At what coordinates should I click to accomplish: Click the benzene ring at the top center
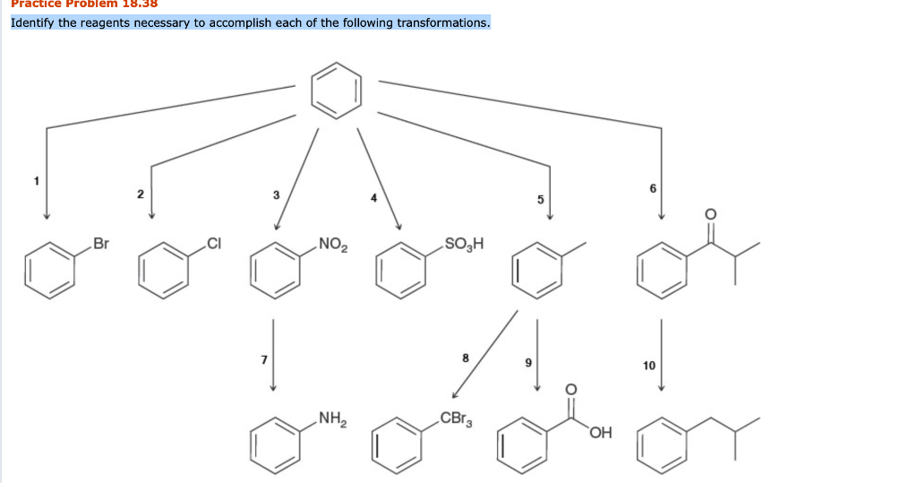337,90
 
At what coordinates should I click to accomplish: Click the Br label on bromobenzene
101,243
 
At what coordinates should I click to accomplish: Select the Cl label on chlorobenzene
213,243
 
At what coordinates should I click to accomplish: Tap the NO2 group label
332,243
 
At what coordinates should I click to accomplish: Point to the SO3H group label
463,243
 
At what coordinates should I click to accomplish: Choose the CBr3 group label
456,418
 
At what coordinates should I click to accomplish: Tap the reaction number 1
37,180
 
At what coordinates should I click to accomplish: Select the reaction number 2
140,194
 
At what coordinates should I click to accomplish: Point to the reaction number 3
276,194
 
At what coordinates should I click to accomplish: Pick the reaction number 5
541,199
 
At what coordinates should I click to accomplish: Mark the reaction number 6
654,186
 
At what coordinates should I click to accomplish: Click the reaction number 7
263,358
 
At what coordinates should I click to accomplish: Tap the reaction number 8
466,358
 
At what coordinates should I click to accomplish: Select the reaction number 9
528,364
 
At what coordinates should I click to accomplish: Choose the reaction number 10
649,365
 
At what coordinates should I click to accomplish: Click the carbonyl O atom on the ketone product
711,213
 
